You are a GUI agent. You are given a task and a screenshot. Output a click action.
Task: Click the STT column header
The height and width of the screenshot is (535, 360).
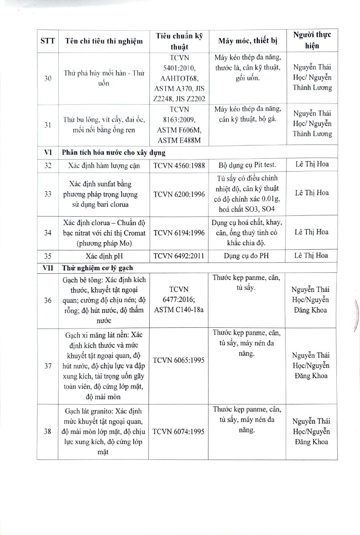point(47,41)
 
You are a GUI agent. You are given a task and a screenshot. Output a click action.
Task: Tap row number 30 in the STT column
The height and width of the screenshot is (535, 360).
point(48,78)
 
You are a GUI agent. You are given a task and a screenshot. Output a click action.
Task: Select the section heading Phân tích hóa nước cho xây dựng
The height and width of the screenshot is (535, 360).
point(114,153)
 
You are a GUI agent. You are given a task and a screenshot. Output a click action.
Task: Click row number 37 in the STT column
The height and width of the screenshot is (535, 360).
point(48,366)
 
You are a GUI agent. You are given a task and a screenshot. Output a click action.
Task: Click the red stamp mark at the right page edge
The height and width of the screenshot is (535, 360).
point(355,316)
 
